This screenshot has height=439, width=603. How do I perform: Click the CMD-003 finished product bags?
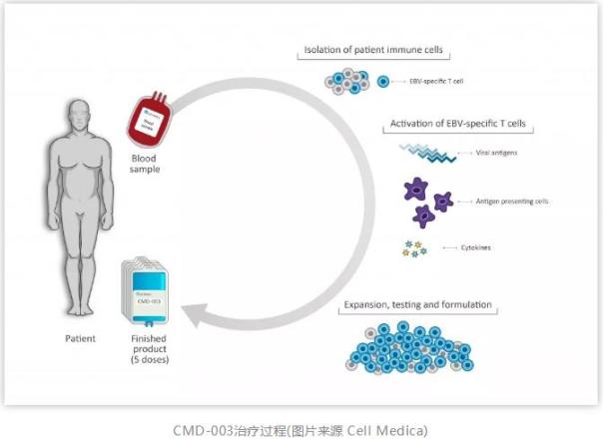(148, 288)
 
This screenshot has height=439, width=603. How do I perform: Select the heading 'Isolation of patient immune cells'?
(374, 51)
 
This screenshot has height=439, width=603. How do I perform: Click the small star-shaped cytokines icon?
(412, 247)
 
